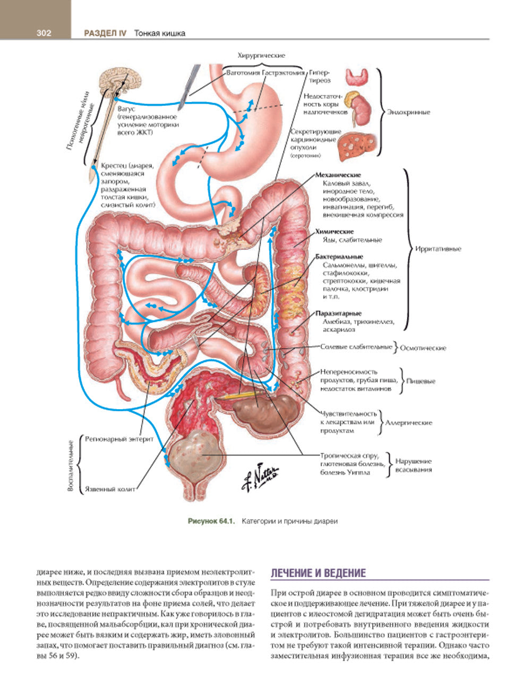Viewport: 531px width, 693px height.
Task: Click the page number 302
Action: (44, 33)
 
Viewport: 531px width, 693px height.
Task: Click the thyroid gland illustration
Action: (357, 77)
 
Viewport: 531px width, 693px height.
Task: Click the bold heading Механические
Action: (338, 175)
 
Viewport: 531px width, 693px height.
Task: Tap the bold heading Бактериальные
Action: (339, 257)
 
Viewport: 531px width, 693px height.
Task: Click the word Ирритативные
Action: (438, 249)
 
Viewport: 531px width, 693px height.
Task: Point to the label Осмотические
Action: (423, 348)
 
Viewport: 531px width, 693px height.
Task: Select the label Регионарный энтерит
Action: (119, 440)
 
